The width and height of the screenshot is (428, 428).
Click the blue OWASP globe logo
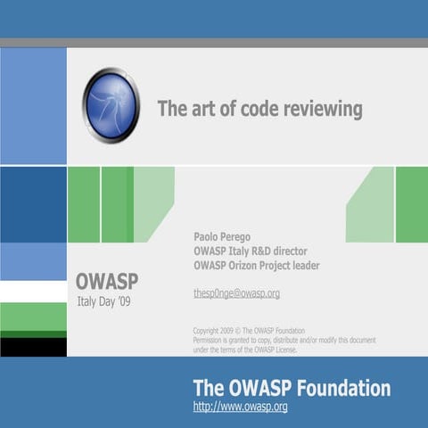(x=111, y=105)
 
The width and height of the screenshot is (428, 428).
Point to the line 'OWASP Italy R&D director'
(x=250, y=251)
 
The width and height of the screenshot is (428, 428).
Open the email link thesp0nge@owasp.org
(x=236, y=293)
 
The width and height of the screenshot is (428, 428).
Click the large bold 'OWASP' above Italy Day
(x=106, y=283)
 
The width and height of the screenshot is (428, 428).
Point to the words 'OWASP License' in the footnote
(x=272, y=350)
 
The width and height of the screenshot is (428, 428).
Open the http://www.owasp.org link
(x=240, y=407)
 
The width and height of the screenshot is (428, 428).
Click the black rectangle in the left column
(x=33, y=347)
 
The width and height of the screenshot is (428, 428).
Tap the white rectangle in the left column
(x=33, y=292)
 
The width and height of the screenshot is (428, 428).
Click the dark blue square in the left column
(x=33, y=204)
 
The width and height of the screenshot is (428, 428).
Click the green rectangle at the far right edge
(x=411, y=204)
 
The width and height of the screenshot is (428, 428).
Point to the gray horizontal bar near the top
(x=214, y=42)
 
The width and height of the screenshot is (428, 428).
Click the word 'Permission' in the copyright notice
(x=210, y=340)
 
